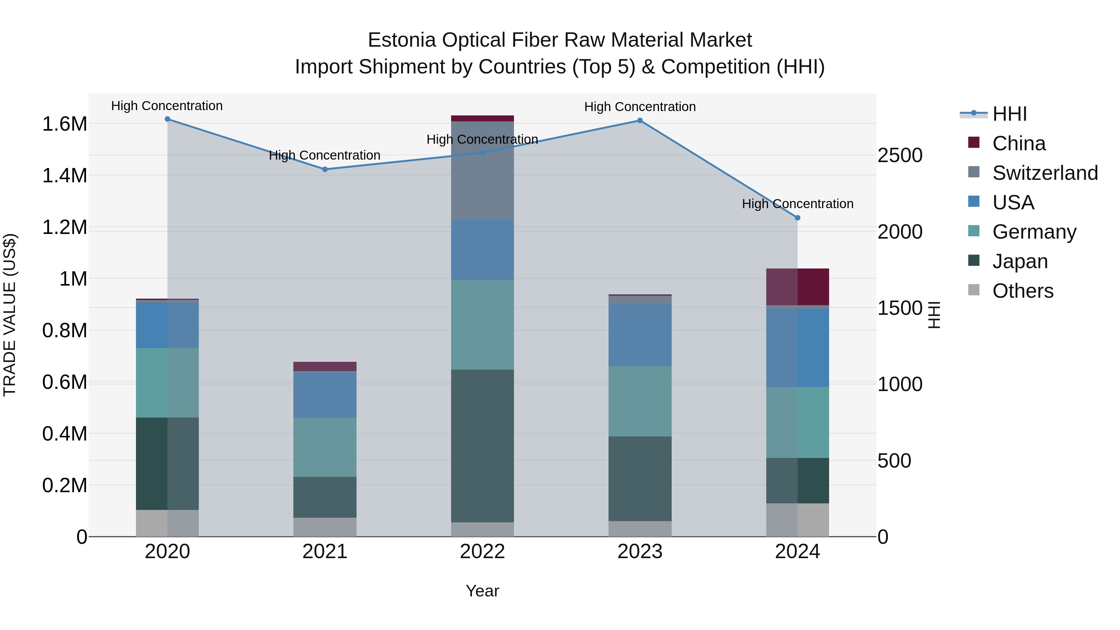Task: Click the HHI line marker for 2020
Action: [x=167, y=119]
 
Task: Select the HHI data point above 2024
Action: [x=797, y=218]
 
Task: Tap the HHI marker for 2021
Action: [x=325, y=170]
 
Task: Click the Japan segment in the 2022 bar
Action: [x=482, y=446]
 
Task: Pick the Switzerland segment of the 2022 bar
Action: [x=482, y=170]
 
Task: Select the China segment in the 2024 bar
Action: [x=797, y=287]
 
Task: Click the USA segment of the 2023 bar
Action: [x=640, y=335]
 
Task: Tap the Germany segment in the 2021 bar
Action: [x=325, y=447]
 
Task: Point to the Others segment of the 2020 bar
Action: [x=167, y=523]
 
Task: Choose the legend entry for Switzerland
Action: [x=1045, y=173]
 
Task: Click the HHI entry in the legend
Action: [x=1009, y=114]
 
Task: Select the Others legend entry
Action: [x=1023, y=291]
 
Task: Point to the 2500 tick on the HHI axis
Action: [x=899, y=155]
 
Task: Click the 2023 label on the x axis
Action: [x=640, y=552]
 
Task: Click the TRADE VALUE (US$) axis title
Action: [x=10, y=315]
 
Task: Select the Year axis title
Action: [x=482, y=591]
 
